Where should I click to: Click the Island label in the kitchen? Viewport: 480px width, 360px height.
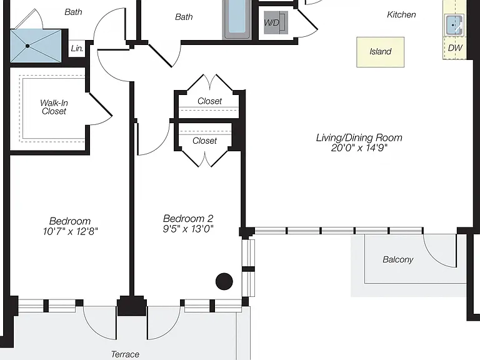(380, 51)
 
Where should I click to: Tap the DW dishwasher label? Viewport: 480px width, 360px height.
(455, 47)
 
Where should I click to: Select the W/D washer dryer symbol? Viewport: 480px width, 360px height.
(276, 22)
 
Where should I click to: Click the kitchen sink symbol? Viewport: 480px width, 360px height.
(454, 25)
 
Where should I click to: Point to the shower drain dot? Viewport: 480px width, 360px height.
(27, 46)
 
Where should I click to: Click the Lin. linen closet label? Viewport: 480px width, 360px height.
(77, 48)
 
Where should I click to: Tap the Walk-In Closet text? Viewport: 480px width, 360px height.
(54, 107)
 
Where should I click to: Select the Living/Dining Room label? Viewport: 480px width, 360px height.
(359, 137)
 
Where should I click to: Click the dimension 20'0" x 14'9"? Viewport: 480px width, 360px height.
(359, 148)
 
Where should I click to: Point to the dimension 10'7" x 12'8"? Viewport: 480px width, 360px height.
(71, 231)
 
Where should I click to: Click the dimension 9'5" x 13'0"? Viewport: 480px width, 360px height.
(188, 229)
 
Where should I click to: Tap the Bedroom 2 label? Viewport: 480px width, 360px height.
(188, 219)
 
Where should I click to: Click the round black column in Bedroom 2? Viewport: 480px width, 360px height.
(224, 281)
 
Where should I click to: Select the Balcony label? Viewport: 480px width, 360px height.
(398, 259)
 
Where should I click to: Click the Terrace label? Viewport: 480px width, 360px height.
(125, 354)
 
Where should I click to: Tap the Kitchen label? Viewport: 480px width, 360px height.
(401, 15)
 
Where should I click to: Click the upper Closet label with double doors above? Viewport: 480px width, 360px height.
(209, 101)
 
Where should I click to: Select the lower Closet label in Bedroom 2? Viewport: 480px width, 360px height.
(204, 141)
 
